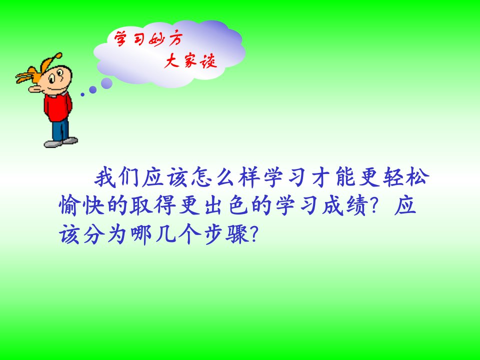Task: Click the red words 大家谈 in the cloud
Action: [190, 60]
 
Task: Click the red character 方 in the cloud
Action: [175, 39]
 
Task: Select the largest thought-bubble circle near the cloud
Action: [106, 83]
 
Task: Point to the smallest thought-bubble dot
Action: [82, 94]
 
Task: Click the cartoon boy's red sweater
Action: [57, 107]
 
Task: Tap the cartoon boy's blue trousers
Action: [60, 130]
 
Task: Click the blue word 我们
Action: [117, 177]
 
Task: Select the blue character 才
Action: [321, 177]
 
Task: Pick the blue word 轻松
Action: [405, 176]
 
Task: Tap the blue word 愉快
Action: [81, 205]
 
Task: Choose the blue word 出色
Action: [226, 205]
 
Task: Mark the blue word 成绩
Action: [344, 205]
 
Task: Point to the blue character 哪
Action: [141, 235]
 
